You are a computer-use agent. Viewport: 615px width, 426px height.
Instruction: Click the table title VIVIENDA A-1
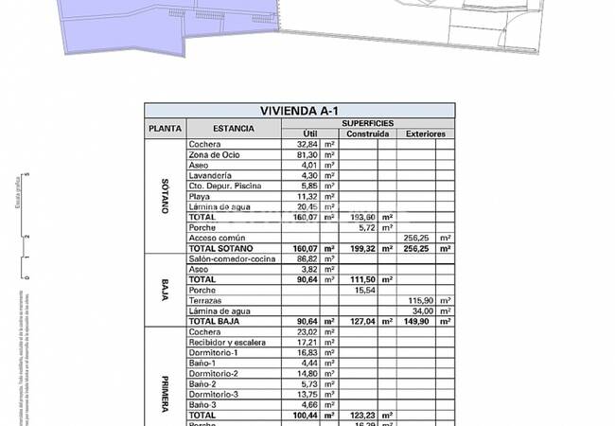[x=299, y=110]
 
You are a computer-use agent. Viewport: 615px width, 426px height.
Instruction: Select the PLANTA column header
[x=160, y=129]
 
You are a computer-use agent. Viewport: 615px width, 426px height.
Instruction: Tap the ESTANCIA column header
[x=233, y=129]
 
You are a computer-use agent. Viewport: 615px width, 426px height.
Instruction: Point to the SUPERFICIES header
[x=369, y=123]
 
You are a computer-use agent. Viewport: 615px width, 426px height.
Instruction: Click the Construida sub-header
[x=368, y=134]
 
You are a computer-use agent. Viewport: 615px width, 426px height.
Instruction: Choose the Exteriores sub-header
[x=426, y=134]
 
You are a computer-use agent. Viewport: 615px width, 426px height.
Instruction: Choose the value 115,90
[x=419, y=300]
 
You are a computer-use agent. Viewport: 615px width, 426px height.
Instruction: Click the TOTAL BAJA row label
[x=214, y=321]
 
